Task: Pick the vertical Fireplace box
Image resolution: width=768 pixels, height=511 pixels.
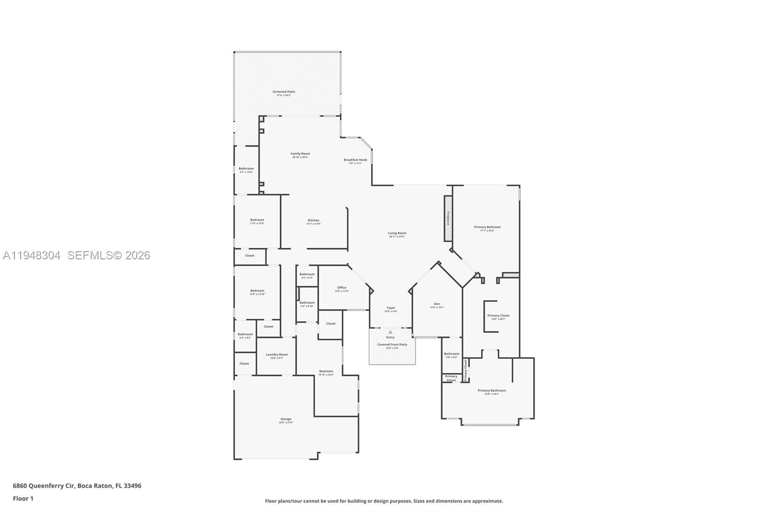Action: click(448, 218)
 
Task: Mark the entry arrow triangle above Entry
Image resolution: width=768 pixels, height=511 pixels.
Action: click(390, 332)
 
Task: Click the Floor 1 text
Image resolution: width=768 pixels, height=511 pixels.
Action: click(23, 499)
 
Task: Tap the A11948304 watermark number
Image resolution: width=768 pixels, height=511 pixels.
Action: click(32, 255)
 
